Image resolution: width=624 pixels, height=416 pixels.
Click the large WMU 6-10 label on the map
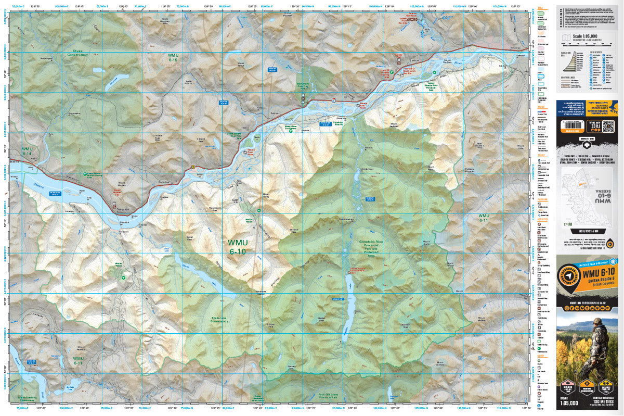237,247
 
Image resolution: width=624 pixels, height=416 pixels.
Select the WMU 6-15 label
173,57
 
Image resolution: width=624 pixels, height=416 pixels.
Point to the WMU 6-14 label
28,152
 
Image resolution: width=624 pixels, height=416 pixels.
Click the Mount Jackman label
397,124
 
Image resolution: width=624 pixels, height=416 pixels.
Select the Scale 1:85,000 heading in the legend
588,36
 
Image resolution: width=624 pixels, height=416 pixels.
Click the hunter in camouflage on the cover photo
598,344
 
